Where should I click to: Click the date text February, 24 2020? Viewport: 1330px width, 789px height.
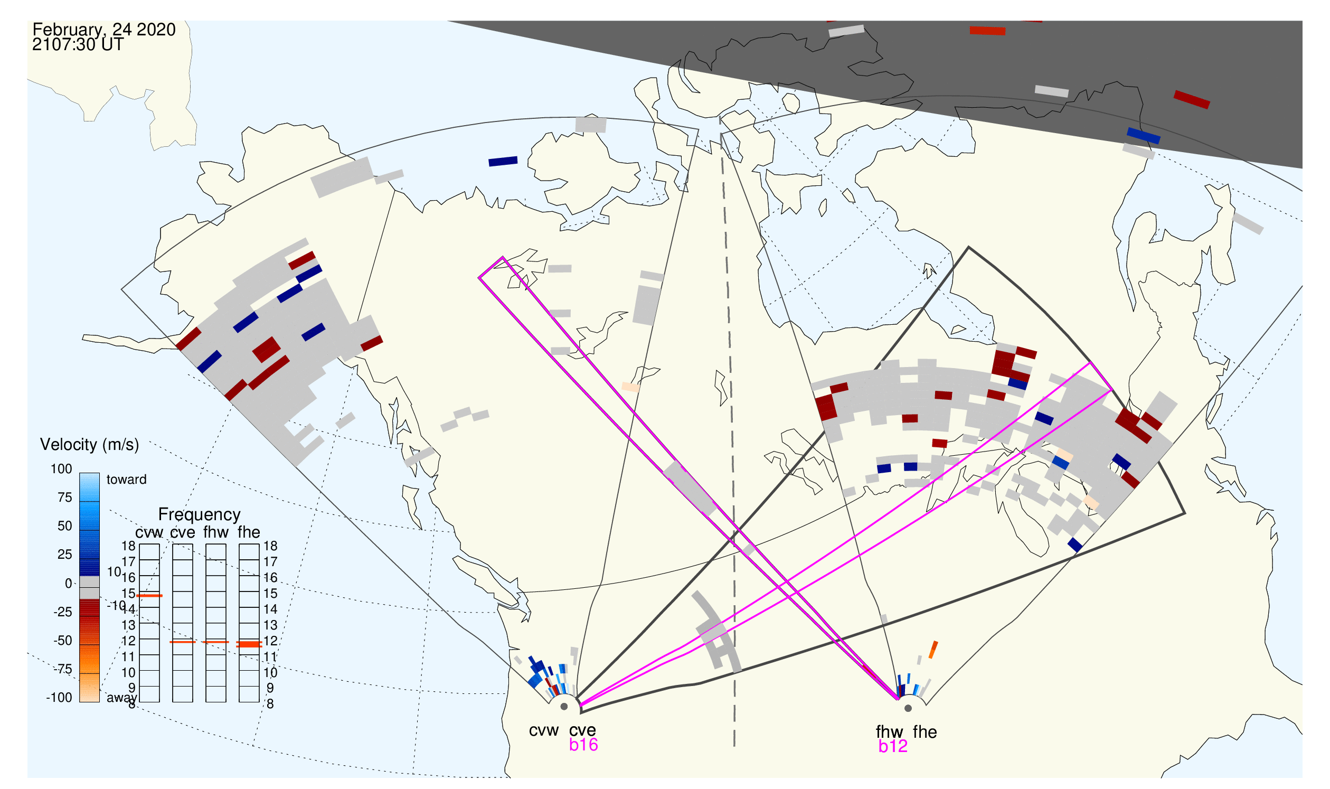click(x=104, y=30)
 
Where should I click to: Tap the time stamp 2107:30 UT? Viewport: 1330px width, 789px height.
click(x=78, y=45)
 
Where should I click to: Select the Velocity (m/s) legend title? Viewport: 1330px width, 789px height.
click(x=90, y=445)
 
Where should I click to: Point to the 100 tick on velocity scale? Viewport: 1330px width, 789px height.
click(x=61, y=469)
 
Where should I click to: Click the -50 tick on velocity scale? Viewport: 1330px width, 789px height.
click(x=63, y=641)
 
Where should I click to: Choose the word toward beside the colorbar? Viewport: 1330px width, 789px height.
click(x=127, y=480)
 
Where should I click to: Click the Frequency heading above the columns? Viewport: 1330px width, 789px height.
click(x=200, y=515)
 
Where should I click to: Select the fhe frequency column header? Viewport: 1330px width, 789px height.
click(x=249, y=533)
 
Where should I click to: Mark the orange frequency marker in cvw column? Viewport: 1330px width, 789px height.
click(x=149, y=597)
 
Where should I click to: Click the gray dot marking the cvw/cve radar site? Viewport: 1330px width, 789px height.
click(x=564, y=708)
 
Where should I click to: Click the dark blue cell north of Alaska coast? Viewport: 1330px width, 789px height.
click(x=503, y=162)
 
